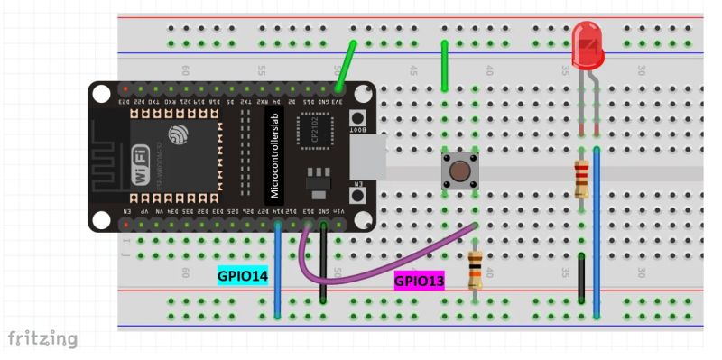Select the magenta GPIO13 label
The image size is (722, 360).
pyautogui.click(x=420, y=282)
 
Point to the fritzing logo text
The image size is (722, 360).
pyautogui.click(x=42, y=339)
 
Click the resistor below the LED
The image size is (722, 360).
pyautogui.click(x=582, y=176)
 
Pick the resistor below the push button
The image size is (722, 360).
pyautogui.click(x=476, y=269)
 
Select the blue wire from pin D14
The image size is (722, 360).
pyautogui.click(x=277, y=271)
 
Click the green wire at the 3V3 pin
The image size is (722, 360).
pyautogui.click(x=345, y=66)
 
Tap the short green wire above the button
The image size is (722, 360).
pyautogui.click(x=444, y=68)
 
